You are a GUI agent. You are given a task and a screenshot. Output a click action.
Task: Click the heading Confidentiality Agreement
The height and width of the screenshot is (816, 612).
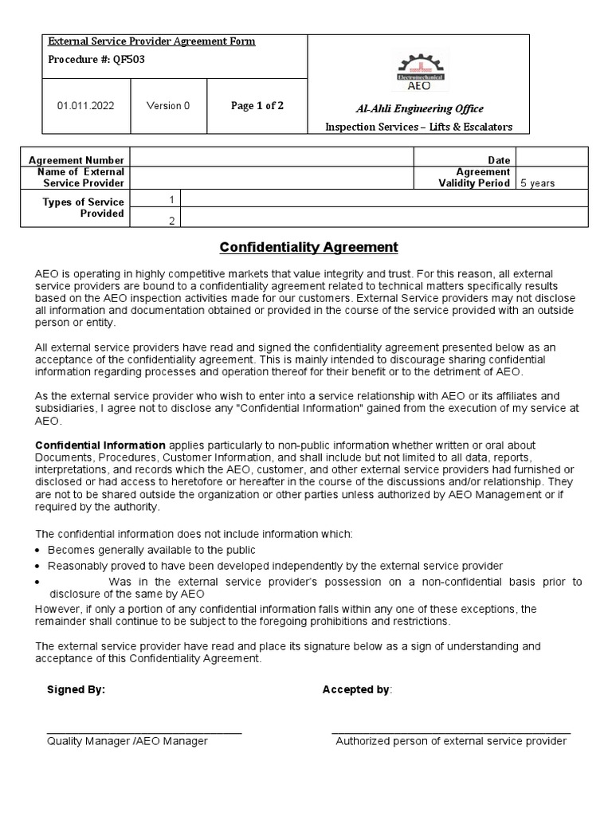tap(308, 247)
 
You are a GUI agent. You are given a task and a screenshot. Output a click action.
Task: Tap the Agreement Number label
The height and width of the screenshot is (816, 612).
tap(76, 160)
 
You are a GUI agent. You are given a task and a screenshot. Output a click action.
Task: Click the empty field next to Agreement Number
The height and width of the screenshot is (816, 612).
tap(271, 160)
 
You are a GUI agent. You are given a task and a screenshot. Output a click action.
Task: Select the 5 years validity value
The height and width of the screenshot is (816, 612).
tap(538, 183)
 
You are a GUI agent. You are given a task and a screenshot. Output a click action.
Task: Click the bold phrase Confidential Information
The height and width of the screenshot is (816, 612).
tap(100, 445)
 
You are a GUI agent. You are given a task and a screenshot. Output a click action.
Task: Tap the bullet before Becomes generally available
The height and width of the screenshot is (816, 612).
tap(40, 551)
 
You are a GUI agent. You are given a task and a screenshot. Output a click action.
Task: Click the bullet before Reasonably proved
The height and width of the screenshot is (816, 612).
tap(40, 565)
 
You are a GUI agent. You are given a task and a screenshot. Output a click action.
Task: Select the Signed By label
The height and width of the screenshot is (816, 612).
tap(76, 689)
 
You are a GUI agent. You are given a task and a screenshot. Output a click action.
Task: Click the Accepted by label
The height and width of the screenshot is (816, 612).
tap(357, 689)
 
